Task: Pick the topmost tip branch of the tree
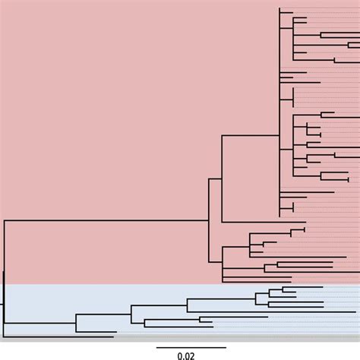tap(286, 10)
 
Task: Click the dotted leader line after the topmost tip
tap(327, 10)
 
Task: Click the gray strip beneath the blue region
tap(180, 339)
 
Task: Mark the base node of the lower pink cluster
tap(222, 262)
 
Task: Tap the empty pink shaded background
tap(106, 114)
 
